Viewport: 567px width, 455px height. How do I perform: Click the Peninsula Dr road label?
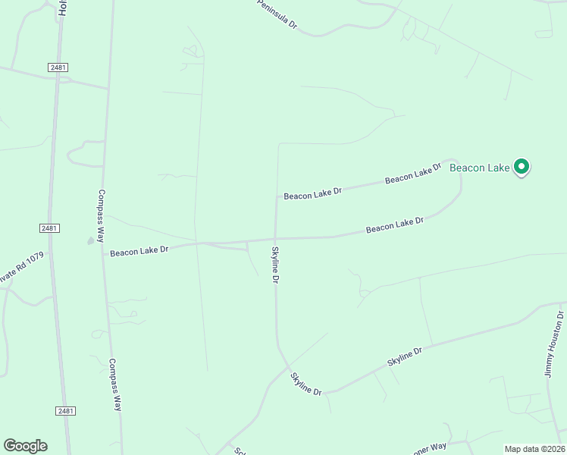[277, 14]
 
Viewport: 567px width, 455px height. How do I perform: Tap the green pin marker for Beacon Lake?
[522, 167]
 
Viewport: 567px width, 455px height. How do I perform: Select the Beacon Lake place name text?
[479, 168]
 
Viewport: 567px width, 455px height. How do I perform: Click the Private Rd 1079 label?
[22, 268]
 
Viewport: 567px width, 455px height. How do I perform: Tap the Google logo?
[25, 446]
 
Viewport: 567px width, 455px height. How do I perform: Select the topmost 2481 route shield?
[58, 67]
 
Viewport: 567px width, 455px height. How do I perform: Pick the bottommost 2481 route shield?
[65, 411]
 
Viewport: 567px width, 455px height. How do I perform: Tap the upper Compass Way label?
[101, 212]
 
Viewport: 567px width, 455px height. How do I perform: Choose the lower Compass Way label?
[114, 384]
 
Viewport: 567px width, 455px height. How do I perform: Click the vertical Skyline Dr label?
[275, 265]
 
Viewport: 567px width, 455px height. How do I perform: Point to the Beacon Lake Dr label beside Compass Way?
[139, 251]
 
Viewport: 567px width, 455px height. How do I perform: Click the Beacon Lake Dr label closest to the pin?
[413, 175]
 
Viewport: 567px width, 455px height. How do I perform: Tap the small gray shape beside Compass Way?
[91, 240]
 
